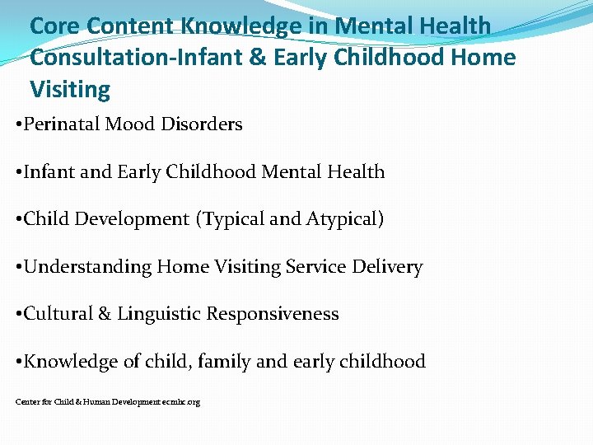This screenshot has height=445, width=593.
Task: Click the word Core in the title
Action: (54, 26)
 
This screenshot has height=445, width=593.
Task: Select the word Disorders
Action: (202, 124)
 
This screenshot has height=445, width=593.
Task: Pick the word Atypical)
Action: (345, 219)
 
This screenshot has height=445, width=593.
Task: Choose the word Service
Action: (315, 267)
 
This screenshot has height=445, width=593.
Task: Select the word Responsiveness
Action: (273, 314)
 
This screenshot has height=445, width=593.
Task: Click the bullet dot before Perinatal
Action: (18, 125)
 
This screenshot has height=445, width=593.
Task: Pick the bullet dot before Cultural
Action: (18, 315)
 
